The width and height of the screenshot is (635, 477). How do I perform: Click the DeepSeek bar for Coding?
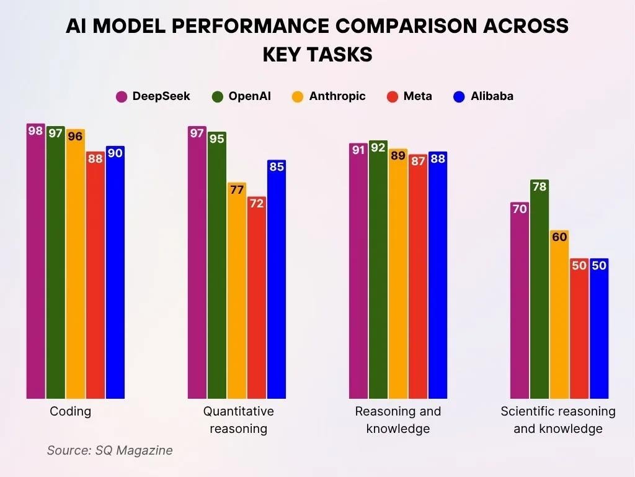click(x=36, y=261)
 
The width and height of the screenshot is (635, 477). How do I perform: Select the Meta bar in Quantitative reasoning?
click(x=257, y=298)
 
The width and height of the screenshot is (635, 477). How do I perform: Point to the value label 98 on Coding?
click(x=36, y=131)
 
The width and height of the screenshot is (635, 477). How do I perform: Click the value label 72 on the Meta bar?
click(x=257, y=204)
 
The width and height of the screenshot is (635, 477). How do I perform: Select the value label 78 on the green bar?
click(x=540, y=186)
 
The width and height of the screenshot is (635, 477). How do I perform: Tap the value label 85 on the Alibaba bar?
click(x=277, y=166)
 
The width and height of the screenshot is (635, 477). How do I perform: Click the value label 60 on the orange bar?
click(x=559, y=237)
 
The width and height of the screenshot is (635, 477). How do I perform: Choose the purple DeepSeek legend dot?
click(x=122, y=96)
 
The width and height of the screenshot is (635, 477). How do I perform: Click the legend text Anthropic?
click(x=337, y=96)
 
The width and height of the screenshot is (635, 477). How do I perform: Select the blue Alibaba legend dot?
click(x=460, y=96)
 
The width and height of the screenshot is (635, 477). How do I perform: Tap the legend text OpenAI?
click(x=249, y=96)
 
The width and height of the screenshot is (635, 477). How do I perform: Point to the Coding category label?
click(x=70, y=411)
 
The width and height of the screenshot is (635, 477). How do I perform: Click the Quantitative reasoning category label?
click(x=238, y=420)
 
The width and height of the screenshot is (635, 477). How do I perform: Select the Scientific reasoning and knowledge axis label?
click(x=558, y=420)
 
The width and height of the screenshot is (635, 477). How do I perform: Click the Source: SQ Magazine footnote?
click(x=110, y=450)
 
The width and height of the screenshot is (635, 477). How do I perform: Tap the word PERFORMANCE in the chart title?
click(x=260, y=26)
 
